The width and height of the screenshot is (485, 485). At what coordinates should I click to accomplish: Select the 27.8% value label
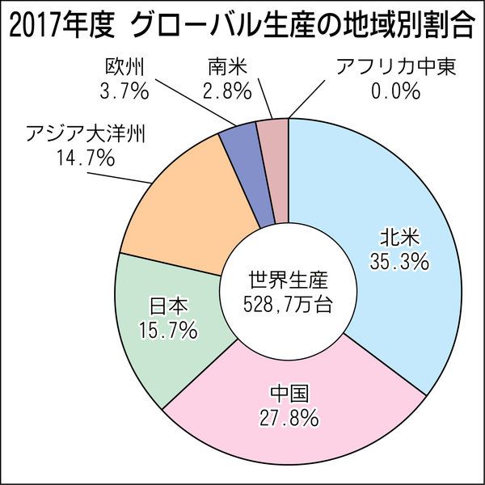click(289, 419)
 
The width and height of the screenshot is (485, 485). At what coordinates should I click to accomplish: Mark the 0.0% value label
click(396, 91)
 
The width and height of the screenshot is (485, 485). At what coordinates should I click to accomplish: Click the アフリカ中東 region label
click(395, 65)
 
